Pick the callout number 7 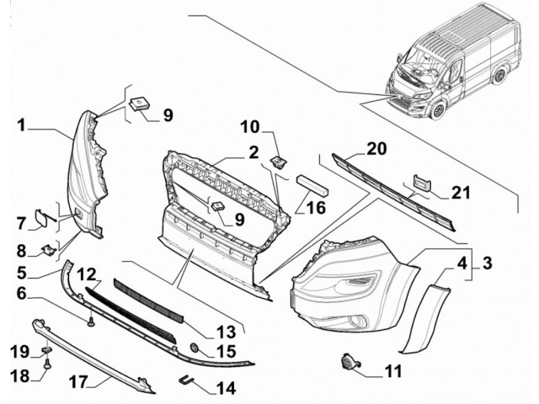pos(21,223)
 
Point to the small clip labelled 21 pos(420,183)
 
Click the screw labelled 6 pos(88,321)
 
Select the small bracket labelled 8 pos(50,248)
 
